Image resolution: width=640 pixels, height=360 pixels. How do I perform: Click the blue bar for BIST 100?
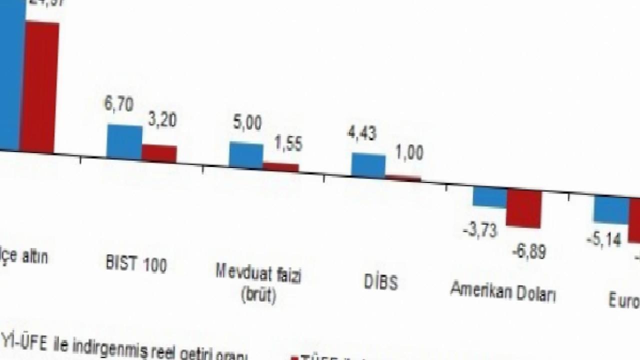(x=124, y=142)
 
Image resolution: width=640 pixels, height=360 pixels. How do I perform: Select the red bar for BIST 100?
(x=159, y=153)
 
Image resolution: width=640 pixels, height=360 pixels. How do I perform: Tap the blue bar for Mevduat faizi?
(x=246, y=155)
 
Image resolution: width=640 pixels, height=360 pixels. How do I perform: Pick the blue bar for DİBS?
(x=368, y=165)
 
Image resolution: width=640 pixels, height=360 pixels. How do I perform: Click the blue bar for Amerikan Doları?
(x=490, y=197)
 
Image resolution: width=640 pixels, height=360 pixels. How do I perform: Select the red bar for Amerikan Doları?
(x=524, y=208)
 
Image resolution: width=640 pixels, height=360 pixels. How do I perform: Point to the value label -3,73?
(x=480, y=230)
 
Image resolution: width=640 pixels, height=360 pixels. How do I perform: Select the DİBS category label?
(x=381, y=282)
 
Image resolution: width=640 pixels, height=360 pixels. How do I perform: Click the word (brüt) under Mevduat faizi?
(x=258, y=295)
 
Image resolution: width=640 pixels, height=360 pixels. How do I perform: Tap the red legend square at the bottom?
(x=294, y=358)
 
